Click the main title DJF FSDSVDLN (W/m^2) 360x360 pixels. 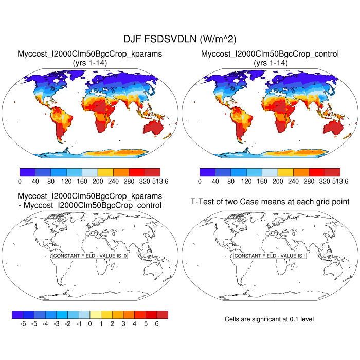tap(180, 39)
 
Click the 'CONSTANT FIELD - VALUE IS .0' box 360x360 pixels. tap(90, 256)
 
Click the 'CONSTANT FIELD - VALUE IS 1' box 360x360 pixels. tap(270, 256)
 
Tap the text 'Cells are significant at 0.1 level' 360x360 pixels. tap(269, 319)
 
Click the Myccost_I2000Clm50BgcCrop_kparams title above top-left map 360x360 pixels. tap(90, 53)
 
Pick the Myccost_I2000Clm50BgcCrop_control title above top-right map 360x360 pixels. tap(270, 53)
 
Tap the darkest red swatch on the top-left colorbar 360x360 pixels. tap(152, 172)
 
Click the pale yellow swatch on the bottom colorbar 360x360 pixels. tap(95, 314)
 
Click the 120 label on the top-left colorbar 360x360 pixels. tap(66, 181)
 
